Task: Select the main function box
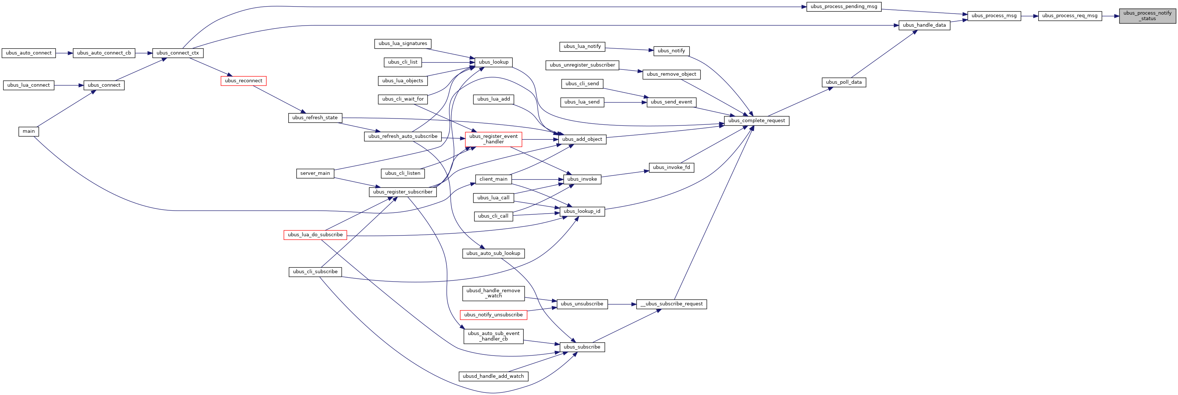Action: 29,131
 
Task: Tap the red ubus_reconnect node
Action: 243,81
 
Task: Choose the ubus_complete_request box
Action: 757,121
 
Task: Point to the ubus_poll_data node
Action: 844,82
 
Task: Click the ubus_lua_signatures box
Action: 403,44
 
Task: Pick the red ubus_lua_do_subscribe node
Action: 315,235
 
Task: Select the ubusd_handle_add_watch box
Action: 494,376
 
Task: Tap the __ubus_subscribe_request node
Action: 671,304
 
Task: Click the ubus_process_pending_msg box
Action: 844,7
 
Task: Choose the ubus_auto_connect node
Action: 29,53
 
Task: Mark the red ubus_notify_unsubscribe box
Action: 494,315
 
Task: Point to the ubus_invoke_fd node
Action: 671,168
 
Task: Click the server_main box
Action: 315,173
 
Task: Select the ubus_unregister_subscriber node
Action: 582,65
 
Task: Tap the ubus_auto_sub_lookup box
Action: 494,253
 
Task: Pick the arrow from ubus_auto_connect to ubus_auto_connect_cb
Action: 64,53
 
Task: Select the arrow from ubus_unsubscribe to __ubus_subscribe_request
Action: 622,304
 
